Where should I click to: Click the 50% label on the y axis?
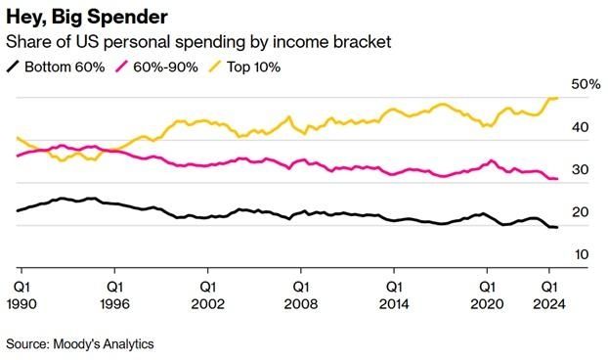[x=586, y=85]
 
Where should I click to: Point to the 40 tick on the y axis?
[x=580, y=127]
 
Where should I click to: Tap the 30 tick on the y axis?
[x=580, y=169]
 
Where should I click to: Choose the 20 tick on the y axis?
[x=580, y=212]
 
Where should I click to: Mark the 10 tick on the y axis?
[x=580, y=254]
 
